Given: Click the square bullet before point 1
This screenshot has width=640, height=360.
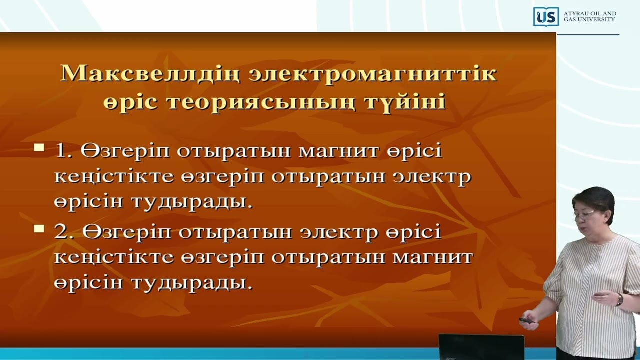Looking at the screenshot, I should (39, 148).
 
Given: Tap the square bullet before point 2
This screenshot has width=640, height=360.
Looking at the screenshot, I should (39, 230).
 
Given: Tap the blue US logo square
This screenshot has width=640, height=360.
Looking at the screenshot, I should (545, 17).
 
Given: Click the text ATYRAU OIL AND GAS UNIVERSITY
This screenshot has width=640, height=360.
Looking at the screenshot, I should (589, 16).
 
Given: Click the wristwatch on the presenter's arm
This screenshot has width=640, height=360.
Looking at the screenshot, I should (620, 299).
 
